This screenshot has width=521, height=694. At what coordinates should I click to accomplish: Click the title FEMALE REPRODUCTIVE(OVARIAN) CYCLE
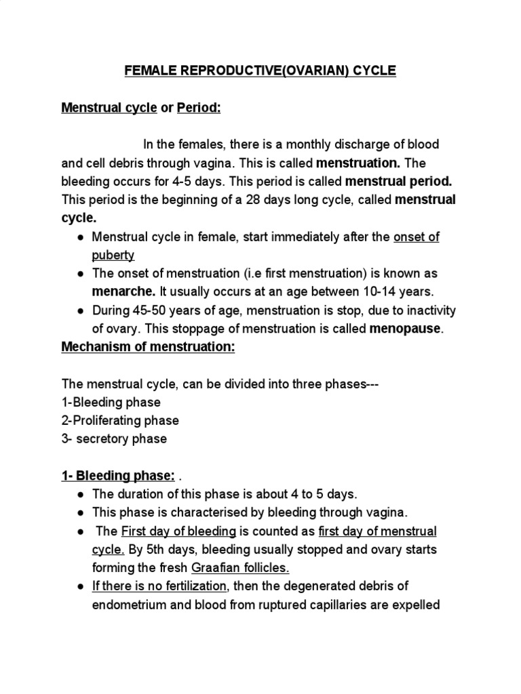point(260,71)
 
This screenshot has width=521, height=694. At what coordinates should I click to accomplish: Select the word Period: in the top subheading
point(199,108)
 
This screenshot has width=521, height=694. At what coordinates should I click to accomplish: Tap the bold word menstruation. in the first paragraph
point(358,163)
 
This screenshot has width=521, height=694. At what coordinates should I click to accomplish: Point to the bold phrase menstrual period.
point(398,182)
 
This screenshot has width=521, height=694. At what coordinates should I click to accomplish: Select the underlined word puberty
point(113,255)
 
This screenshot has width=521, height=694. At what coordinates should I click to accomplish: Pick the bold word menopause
point(405,329)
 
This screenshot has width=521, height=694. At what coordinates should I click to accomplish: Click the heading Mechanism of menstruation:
point(148,347)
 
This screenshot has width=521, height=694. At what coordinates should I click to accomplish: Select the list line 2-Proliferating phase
point(120,420)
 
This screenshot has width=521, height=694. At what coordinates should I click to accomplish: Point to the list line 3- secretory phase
point(114,438)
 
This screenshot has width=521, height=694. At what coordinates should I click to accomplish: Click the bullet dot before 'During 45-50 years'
point(81,310)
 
